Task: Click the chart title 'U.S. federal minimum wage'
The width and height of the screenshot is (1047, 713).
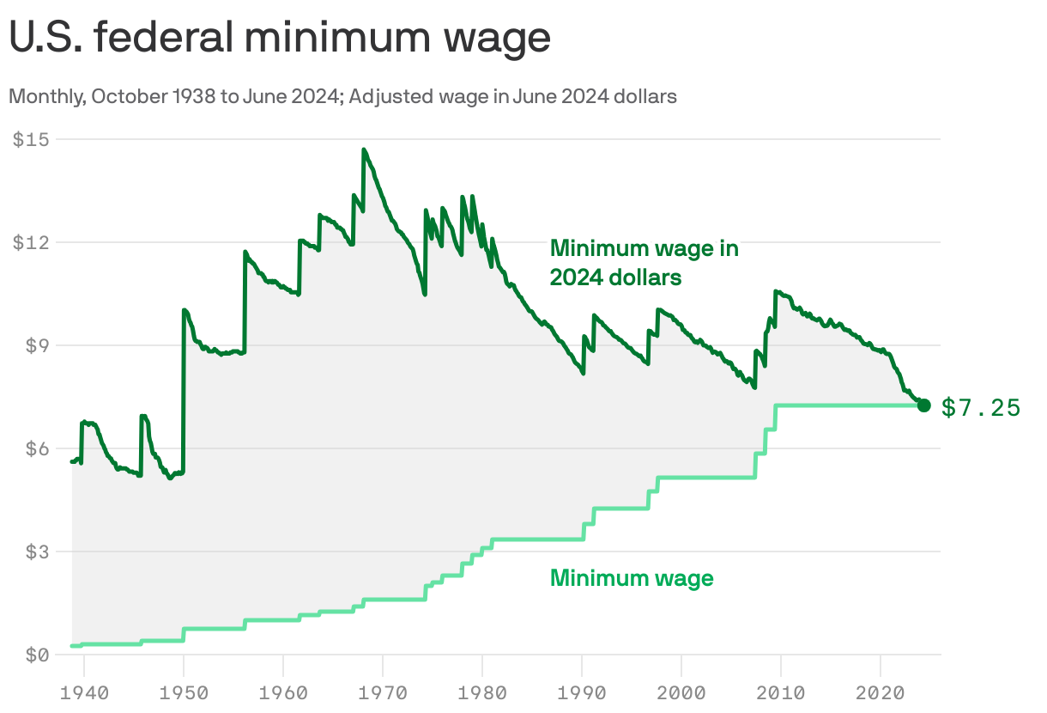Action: tap(280, 39)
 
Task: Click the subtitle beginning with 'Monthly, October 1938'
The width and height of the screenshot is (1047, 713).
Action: tap(342, 96)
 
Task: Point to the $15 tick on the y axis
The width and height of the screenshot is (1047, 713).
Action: tap(31, 139)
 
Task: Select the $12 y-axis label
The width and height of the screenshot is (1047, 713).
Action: tap(31, 242)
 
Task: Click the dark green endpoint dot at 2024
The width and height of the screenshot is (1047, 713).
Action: tap(923, 405)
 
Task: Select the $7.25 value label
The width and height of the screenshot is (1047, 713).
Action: tap(981, 407)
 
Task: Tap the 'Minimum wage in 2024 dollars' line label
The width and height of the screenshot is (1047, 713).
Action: tap(644, 263)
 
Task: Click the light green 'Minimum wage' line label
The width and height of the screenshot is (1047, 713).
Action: tap(632, 578)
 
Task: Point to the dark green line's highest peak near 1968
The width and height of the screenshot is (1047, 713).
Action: tap(364, 149)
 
